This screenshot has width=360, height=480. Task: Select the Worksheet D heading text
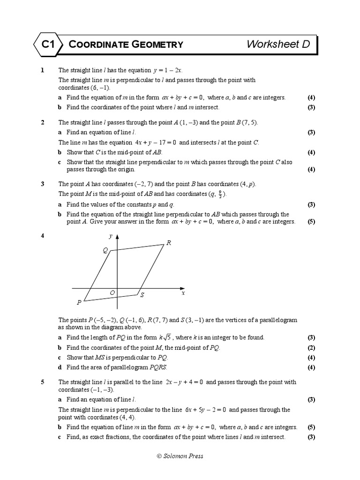coord(278,45)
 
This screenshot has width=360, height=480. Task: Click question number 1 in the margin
coord(43,70)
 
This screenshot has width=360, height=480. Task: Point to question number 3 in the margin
coord(43,184)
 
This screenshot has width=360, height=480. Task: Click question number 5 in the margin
coord(43,382)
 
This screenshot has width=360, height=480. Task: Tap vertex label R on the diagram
coord(168,243)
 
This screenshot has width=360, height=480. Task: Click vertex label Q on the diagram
coord(105,251)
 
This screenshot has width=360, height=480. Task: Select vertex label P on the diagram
coord(79,302)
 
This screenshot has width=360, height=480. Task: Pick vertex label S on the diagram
coord(142,295)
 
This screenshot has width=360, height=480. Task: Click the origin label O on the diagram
coord(112,292)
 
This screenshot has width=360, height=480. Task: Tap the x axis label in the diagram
coord(183,292)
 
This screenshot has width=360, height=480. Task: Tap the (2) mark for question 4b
coord(311,348)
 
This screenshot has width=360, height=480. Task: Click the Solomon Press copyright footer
coord(180,456)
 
